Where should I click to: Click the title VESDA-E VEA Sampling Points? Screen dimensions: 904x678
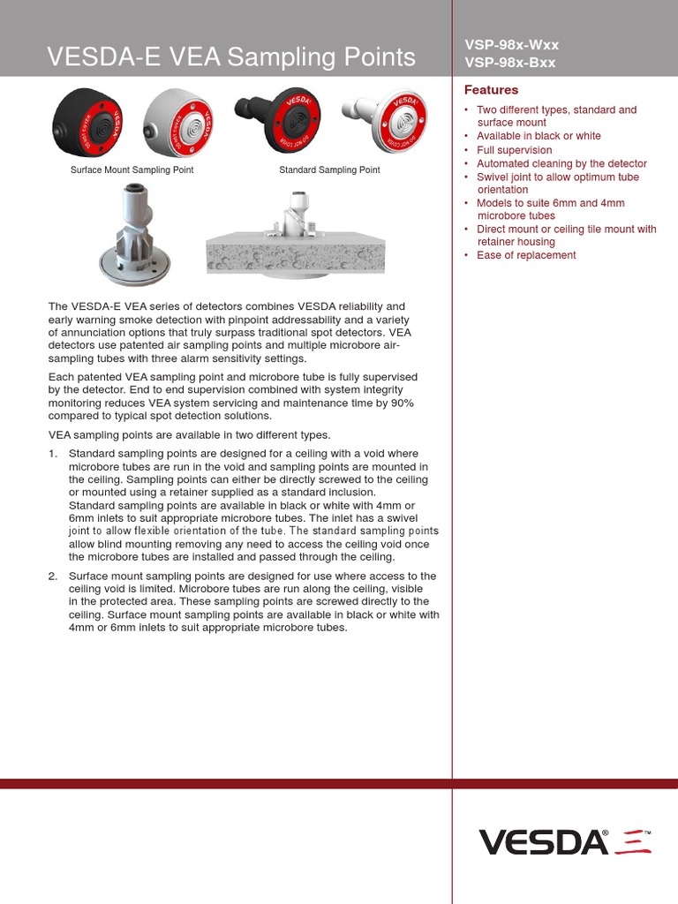pyautogui.click(x=230, y=57)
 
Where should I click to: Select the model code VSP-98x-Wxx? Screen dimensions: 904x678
pyautogui.click(x=511, y=45)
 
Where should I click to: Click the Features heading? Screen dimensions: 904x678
pyautogui.click(x=491, y=90)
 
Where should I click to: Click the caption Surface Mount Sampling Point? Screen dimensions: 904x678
pyautogui.click(x=132, y=169)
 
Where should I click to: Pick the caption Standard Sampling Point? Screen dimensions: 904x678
pyautogui.click(x=329, y=169)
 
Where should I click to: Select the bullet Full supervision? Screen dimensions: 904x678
pyautogui.click(x=514, y=150)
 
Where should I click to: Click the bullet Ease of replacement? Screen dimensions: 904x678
pyautogui.click(x=526, y=255)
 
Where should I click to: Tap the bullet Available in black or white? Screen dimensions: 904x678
pyautogui.click(x=539, y=136)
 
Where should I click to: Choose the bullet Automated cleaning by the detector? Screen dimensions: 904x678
pyautogui.click(x=561, y=163)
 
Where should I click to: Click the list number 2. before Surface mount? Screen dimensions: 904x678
pyautogui.click(x=53, y=576)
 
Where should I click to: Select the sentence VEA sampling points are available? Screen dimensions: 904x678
pyautogui.click(x=189, y=435)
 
